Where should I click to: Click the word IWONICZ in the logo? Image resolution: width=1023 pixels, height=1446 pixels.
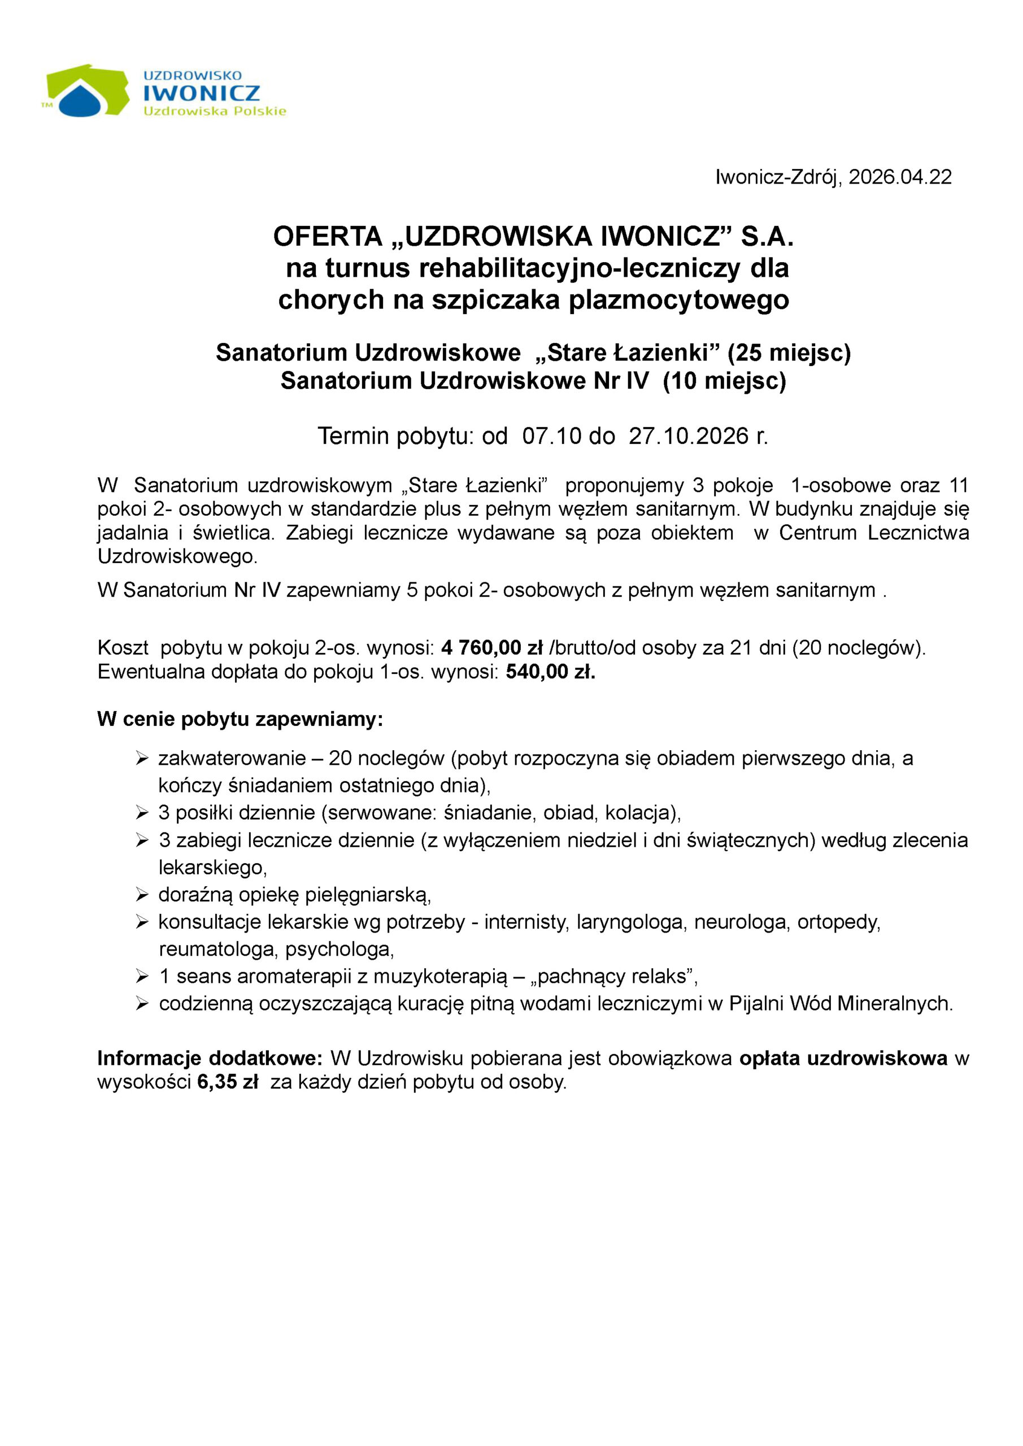click(x=202, y=93)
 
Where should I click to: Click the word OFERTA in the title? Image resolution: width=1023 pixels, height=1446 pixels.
click(x=328, y=237)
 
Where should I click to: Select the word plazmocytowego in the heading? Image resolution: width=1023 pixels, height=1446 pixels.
click(x=679, y=300)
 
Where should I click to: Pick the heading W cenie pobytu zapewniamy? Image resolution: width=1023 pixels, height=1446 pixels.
click(x=240, y=719)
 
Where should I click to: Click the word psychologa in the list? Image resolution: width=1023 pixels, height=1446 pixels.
click(x=339, y=949)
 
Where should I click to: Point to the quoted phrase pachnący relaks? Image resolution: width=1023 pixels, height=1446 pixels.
click(x=614, y=976)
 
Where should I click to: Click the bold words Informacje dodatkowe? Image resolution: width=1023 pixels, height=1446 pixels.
click(x=210, y=1058)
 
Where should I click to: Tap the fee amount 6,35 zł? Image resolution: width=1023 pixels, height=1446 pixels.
click(x=228, y=1083)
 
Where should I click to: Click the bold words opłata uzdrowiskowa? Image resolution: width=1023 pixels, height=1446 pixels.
click(x=843, y=1058)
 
